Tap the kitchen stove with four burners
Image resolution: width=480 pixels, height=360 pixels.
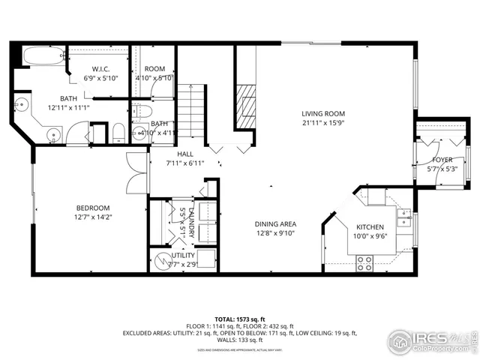[364, 263]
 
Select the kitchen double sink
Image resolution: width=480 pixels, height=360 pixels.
[405, 217]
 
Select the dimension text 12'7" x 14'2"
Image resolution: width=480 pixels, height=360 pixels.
[93, 217]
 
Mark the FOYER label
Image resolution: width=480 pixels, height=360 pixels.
[442, 160]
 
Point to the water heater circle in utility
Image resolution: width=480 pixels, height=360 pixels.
[162, 262]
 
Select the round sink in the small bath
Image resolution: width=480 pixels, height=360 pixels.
[139, 133]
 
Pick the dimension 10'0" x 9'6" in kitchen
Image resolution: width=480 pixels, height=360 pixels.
[370, 237]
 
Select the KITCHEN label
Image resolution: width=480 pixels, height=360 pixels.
[370, 227]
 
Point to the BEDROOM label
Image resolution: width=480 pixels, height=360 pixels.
[93, 208]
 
